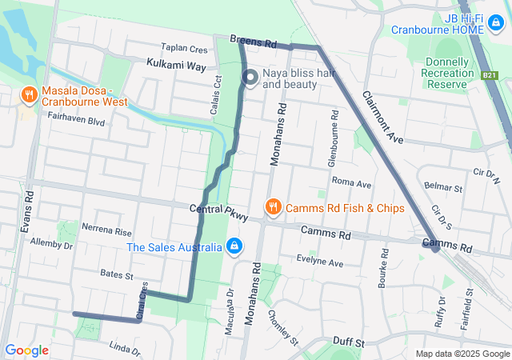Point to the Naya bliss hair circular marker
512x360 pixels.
click(250, 78)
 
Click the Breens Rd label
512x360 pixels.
click(253, 39)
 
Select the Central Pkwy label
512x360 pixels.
click(218, 212)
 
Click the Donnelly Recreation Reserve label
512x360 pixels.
click(447, 72)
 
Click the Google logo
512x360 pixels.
click(26, 350)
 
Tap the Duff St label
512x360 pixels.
click(349, 342)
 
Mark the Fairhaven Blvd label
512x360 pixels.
click(76, 122)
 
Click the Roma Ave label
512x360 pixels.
click(351, 183)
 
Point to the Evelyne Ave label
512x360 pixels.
click(319, 262)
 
